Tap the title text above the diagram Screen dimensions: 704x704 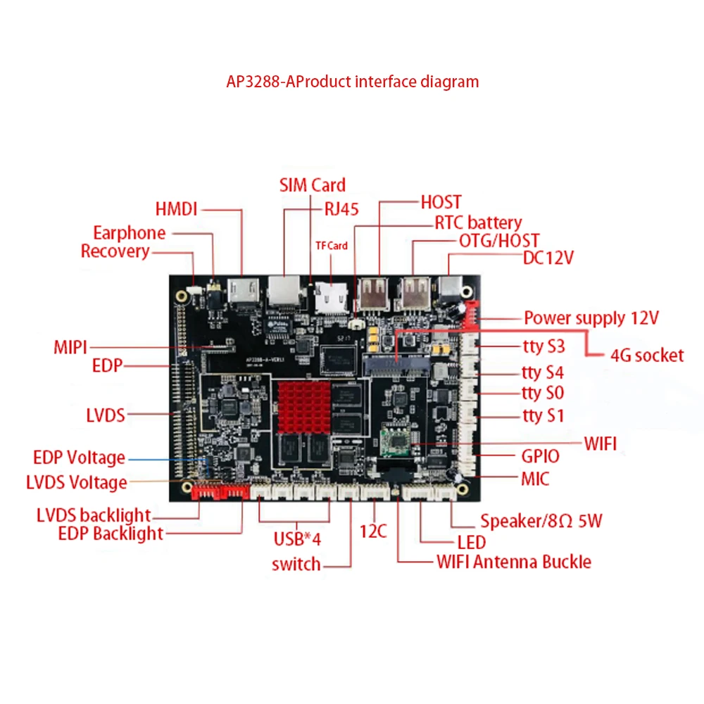[x=352, y=82]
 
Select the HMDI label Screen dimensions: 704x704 [x=177, y=209]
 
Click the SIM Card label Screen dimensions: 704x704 [x=313, y=185]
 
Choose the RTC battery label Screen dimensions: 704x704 [x=478, y=223]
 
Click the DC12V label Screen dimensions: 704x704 [x=548, y=258]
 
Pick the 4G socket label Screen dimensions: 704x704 [x=647, y=355]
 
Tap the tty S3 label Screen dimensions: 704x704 [x=543, y=346]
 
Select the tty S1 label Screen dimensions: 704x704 [x=543, y=416]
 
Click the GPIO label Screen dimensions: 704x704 [x=540, y=456]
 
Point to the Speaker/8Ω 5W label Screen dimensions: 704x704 [x=541, y=522]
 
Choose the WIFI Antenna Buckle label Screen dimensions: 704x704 [x=514, y=562]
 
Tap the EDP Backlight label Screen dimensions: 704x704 [x=111, y=534]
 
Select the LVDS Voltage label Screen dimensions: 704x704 [x=77, y=483]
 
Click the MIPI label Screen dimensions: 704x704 [x=70, y=348]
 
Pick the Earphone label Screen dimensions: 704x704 [x=130, y=233]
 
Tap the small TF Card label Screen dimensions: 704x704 [x=331, y=246]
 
